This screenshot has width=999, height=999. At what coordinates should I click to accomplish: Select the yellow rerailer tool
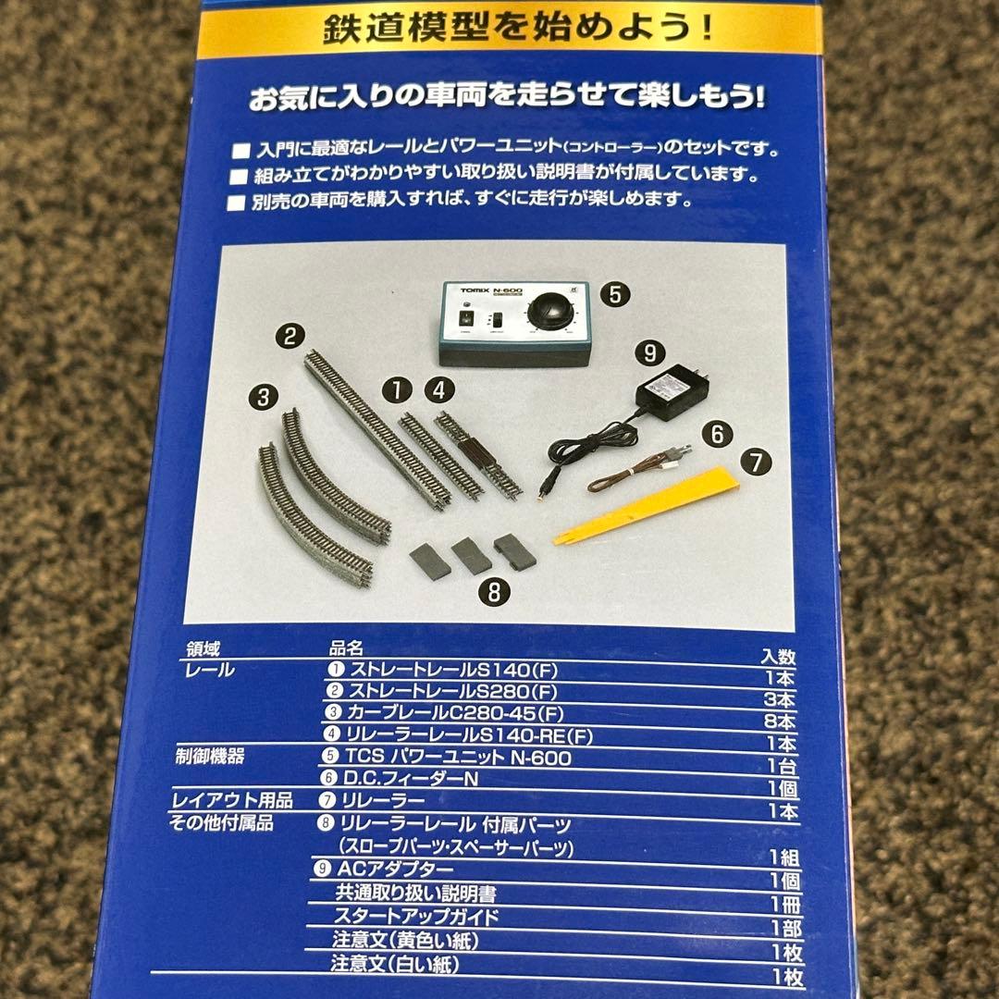[x=647, y=505]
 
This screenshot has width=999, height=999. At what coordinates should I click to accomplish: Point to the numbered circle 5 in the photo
[x=613, y=296]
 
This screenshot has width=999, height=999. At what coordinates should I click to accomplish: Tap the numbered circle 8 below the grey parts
[x=493, y=592]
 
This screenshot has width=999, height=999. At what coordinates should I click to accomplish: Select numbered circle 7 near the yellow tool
[x=756, y=462]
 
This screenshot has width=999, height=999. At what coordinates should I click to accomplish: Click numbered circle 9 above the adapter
[x=649, y=351]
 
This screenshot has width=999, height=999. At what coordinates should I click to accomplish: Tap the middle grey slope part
[x=470, y=556]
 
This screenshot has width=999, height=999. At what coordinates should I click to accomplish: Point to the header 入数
[x=777, y=657]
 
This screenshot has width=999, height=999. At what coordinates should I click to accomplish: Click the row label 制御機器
[x=209, y=757]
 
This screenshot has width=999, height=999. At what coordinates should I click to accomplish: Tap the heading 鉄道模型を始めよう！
[x=519, y=31]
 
